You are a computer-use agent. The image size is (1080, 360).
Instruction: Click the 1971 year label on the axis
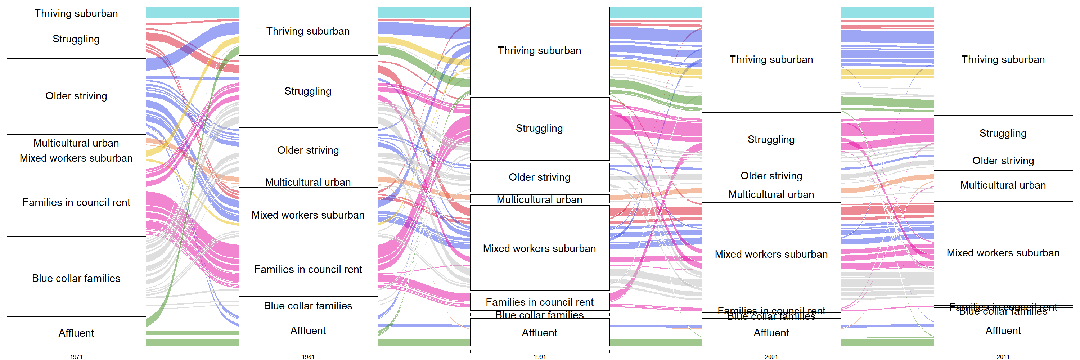click(76, 357)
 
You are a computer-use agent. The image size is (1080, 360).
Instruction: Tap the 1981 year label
click(308, 357)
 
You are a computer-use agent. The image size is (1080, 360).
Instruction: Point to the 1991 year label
click(540, 357)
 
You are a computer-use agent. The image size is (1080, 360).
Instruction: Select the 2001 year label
click(771, 357)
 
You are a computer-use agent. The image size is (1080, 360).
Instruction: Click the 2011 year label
click(1003, 357)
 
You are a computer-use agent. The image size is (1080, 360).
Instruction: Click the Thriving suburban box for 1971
click(76, 14)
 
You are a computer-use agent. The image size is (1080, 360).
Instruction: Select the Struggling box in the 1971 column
click(76, 39)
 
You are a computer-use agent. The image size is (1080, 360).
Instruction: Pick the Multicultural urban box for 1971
click(76, 143)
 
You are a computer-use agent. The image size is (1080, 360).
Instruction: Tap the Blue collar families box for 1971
click(76, 278)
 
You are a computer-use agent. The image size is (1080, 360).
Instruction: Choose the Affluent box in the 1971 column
click(76, 332)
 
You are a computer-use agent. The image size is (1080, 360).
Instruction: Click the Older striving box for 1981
click(308, 150)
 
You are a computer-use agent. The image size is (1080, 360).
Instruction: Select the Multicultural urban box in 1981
click(308, 182)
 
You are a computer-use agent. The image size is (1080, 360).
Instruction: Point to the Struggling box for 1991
click(540, 129)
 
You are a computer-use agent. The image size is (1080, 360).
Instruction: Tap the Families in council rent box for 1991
click(540, 302)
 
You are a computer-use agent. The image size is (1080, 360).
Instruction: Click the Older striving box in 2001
click(771, 176)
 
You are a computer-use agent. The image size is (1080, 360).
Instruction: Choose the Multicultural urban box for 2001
click(771, 194)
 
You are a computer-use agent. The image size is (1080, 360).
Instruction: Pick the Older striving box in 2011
click(1003, 161)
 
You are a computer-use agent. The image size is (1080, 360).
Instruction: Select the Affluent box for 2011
click(1003, 330)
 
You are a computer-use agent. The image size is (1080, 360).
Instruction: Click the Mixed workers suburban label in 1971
click(76, 158)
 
